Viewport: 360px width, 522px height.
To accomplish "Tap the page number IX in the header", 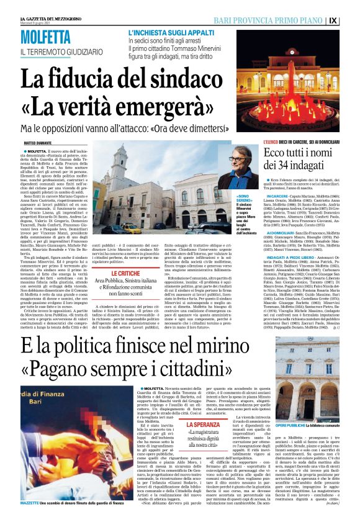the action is point(350,20).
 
